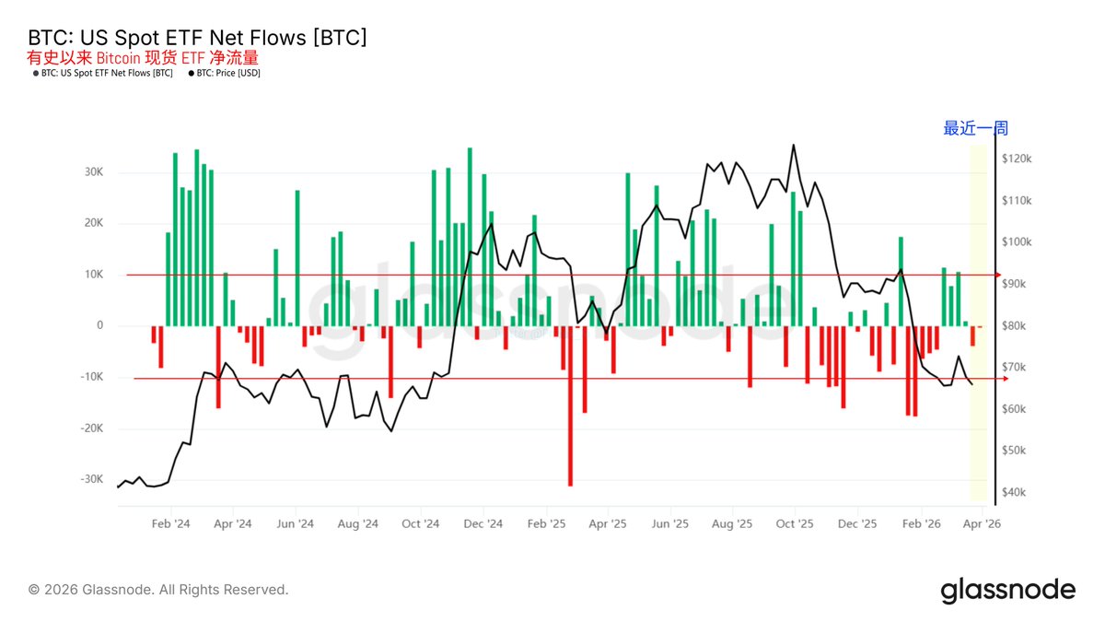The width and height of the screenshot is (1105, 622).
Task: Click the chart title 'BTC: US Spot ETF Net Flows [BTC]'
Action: (x=198, y=38)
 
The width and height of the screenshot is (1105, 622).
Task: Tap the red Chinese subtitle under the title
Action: (x=143, y=58)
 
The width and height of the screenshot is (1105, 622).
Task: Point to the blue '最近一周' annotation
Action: (x=975, y=129)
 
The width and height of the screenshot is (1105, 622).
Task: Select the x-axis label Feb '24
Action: (x=170, y=523)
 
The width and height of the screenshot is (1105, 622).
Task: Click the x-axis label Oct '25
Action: (x=794, y=523)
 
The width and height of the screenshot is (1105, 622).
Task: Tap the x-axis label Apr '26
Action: (x=981, y=523)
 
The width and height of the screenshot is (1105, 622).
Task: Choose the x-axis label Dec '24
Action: (x=483, y=523)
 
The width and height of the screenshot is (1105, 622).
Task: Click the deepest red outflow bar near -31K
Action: (x=570, y=405)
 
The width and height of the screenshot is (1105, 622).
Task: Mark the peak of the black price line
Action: (x=793, y=145)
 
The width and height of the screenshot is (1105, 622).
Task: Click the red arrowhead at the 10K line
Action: (x=996, y=275)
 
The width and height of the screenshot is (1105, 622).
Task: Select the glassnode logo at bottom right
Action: (x=1007, y=590)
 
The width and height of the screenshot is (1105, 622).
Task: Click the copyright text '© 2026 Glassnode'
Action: (x=158, y=590)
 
